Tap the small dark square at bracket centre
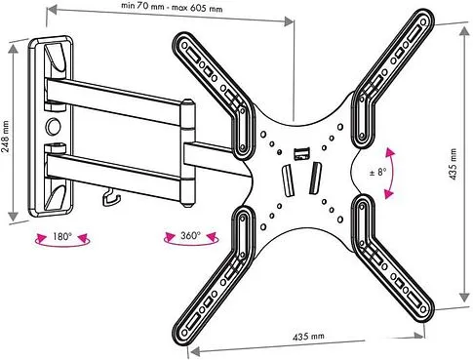click(300, 150)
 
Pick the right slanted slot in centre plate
click(315, 181)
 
